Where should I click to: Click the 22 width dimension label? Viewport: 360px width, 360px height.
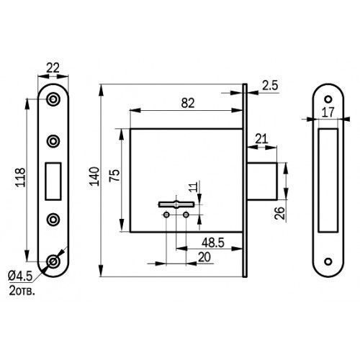53,68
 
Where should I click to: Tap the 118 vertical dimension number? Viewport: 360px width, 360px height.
20,178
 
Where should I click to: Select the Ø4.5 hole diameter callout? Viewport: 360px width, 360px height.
20,276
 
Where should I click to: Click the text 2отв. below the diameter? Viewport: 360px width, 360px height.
22,291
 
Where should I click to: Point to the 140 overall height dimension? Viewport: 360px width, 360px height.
94,176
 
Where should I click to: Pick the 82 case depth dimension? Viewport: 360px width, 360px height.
188,103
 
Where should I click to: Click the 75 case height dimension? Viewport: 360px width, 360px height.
114,176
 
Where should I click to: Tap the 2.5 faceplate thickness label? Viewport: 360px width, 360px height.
270,86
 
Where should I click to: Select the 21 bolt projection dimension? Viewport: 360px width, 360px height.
261,139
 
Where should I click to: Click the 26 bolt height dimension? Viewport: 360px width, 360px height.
279,213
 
